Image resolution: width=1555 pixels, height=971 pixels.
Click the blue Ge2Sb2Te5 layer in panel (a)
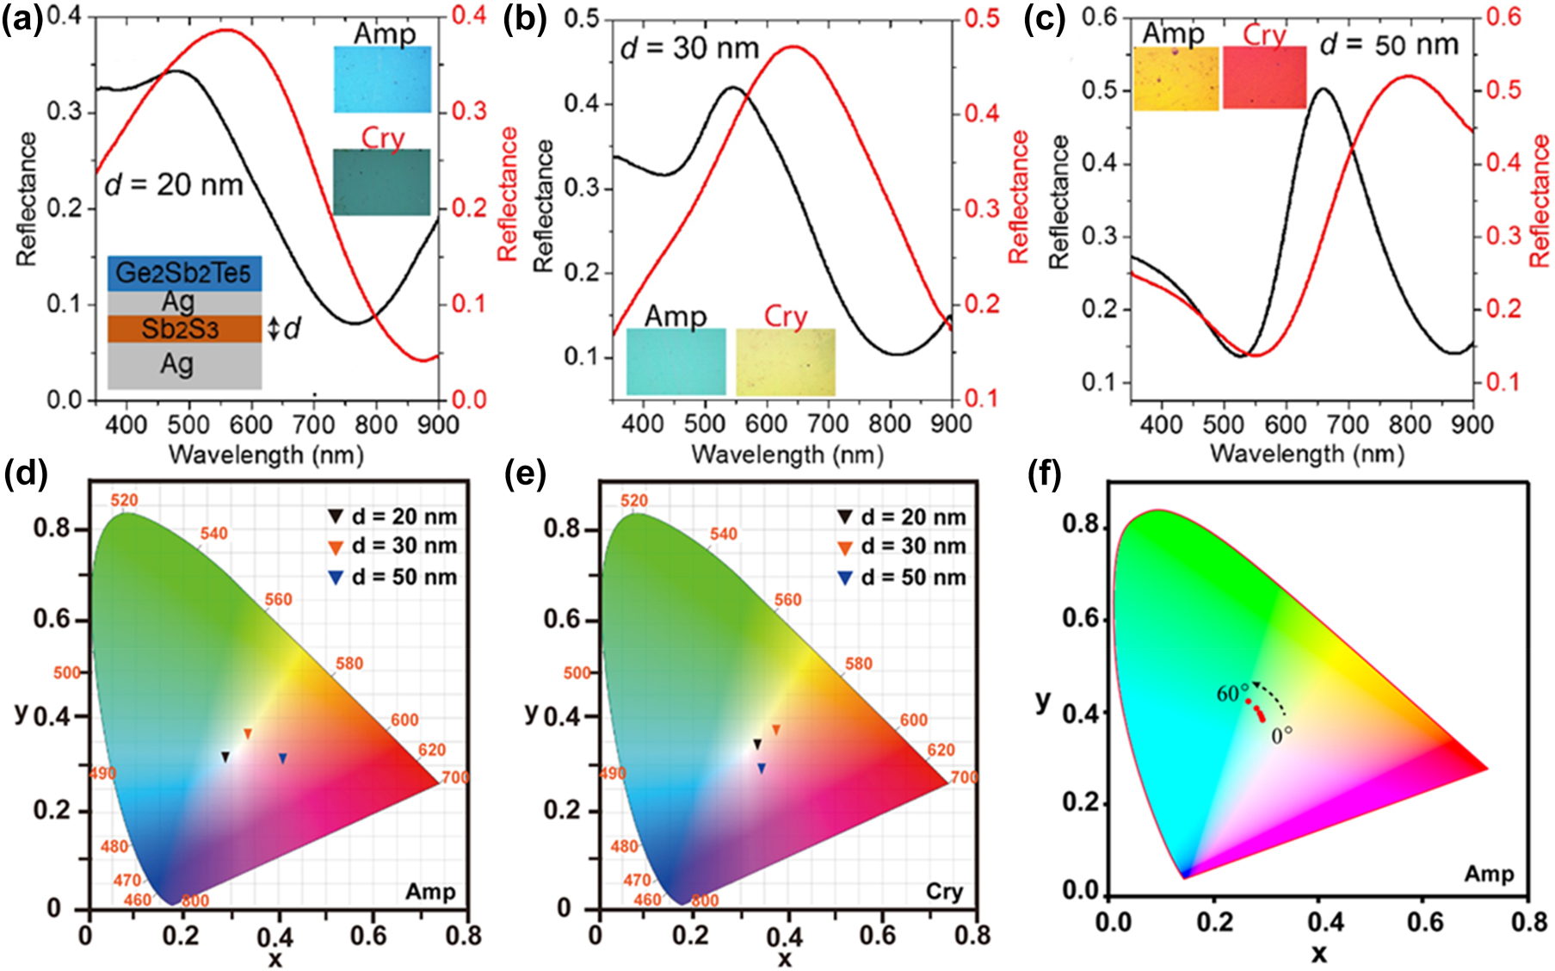pos(183,273)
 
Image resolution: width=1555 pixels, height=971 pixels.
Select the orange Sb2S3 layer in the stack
pos(183,329)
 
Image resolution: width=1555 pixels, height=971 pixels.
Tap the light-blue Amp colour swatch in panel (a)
pos(382,79)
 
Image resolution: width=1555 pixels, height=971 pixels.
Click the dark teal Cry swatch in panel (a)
pos(381,182)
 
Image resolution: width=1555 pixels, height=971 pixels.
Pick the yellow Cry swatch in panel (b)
pos(785,362)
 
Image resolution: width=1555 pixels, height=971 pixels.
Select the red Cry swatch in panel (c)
pos(1264,77)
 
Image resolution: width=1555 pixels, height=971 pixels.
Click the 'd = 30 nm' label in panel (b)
pos(689,48)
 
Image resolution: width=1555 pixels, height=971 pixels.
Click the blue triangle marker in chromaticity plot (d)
pos(282,758)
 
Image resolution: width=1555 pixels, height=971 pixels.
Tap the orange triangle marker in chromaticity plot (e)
pos(775,730)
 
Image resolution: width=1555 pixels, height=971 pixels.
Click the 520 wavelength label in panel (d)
pos(124,500)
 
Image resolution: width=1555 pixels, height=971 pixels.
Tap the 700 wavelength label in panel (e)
pos(965,777)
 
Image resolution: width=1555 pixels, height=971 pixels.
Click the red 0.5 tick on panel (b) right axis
pos(981,18)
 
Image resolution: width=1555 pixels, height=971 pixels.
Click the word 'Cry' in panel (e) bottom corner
pos(944,892)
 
